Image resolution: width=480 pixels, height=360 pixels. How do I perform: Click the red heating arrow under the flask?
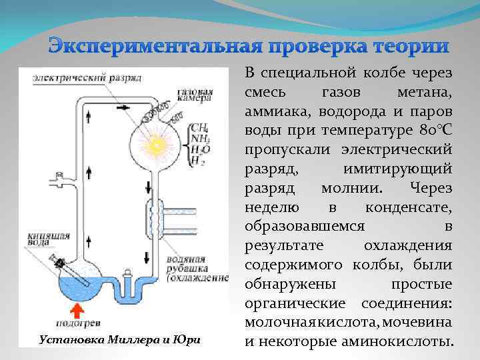coord(77,311)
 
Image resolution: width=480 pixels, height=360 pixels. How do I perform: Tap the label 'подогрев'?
coord(78,327)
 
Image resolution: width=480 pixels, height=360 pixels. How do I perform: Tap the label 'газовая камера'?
coord(195,96)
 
